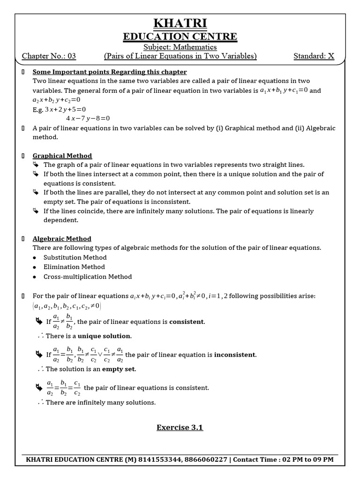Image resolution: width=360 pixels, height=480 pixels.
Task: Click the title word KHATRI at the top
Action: click(x=180, y=23)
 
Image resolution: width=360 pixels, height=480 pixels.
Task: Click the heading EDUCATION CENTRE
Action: click(x=180, y=37)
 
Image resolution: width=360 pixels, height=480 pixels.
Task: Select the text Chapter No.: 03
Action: click(x=49, y=56)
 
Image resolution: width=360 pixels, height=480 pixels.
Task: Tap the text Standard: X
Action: click(x=314, y=56)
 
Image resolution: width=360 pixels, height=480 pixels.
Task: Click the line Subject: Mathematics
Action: click(x=180, y=47)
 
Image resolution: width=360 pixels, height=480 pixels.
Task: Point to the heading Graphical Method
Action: click(x=62, y=156)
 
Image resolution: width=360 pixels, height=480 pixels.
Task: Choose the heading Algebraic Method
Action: click(x=62, y=239)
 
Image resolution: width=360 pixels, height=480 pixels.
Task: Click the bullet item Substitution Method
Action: click(x=75, y=257)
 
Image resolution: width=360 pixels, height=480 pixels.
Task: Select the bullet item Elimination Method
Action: click(x=74, y=267)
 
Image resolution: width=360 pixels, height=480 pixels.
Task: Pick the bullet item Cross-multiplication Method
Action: click(x=88, y=277)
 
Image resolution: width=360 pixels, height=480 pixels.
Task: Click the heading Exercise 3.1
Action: click(x=180, y=427)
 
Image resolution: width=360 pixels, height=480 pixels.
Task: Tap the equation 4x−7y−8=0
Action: click(x=88, y=118)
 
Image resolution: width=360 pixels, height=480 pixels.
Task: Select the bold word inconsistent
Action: click(x=235, y=355)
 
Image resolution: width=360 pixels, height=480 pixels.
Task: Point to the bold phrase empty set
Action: click(x=119, y=369)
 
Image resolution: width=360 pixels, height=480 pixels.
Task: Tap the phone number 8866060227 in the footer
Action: click(x=204, y=459)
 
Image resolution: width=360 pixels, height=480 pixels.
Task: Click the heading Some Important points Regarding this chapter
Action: click(x=110, y=72)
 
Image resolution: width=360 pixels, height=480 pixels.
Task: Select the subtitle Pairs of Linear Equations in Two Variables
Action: click(x=180, y=56)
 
